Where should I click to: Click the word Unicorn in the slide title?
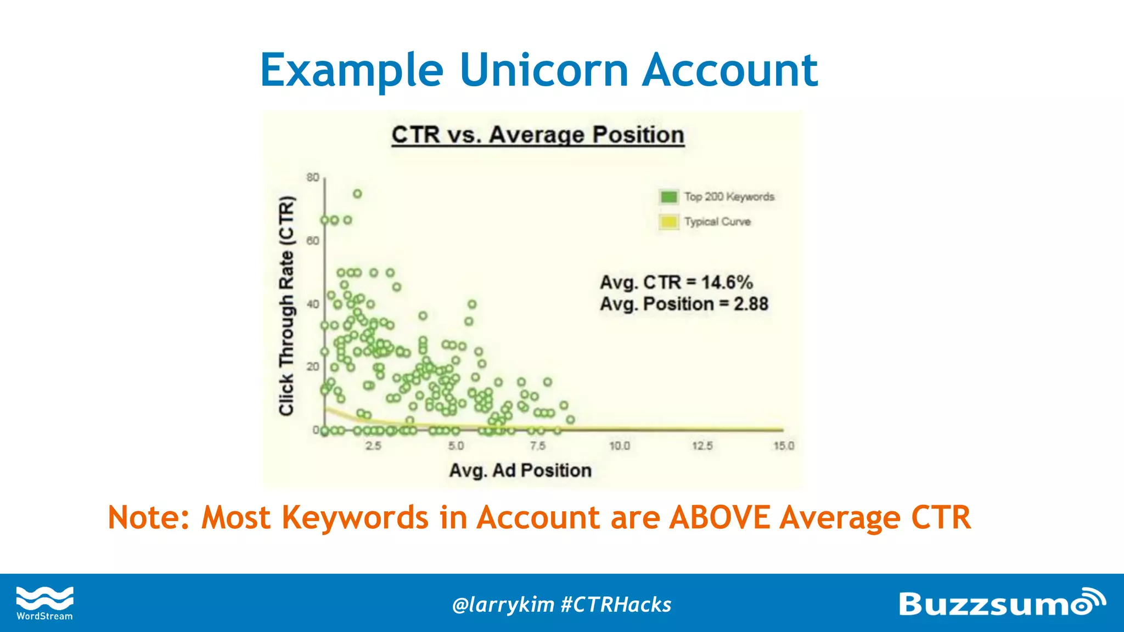(543, 70)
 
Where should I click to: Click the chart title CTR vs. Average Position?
(538, 135)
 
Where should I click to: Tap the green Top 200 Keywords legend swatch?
(668, 196)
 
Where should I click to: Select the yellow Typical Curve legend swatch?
(668, 222)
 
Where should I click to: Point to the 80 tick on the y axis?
(313, 177)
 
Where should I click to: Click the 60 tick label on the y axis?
(313, 241)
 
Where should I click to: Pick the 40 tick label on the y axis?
(313, 304)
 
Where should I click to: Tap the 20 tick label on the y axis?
(313, 366)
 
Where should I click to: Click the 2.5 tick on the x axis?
(373, 445)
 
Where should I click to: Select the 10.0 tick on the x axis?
(619, 445)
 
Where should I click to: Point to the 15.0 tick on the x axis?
(784, 445)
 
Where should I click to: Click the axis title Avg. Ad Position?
(520, 470)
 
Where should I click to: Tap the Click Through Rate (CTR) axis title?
(286, 306)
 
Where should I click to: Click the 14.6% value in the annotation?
(727, 282)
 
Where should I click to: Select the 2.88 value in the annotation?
(751, 304)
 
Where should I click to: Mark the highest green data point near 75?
(357, 194)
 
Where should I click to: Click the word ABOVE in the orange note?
(720, 517)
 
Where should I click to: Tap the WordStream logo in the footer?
(44, 603)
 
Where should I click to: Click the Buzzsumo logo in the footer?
(1002, 603)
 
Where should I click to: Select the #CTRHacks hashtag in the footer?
(616, 605)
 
